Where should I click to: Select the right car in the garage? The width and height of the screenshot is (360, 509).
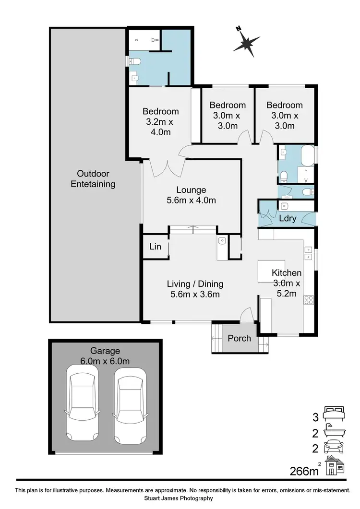(x=130, y=403)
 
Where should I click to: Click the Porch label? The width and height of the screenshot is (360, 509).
(x=239, y=338)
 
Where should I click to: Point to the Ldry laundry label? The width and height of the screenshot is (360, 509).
(x=288, y=218)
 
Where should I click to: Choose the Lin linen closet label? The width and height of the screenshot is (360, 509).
(x=155, y=247)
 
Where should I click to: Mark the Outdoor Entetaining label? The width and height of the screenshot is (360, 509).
(x=93, y=178)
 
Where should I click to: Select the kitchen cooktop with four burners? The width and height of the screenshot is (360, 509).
(x=308, y=300)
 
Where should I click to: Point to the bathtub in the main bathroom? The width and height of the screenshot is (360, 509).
(x=307, y=156)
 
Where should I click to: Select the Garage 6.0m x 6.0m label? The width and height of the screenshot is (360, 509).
(x=105, y=356)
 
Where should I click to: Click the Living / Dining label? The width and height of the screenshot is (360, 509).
(x=195, y=289)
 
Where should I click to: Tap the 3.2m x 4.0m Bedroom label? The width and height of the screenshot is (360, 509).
(x=160, y=122)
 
